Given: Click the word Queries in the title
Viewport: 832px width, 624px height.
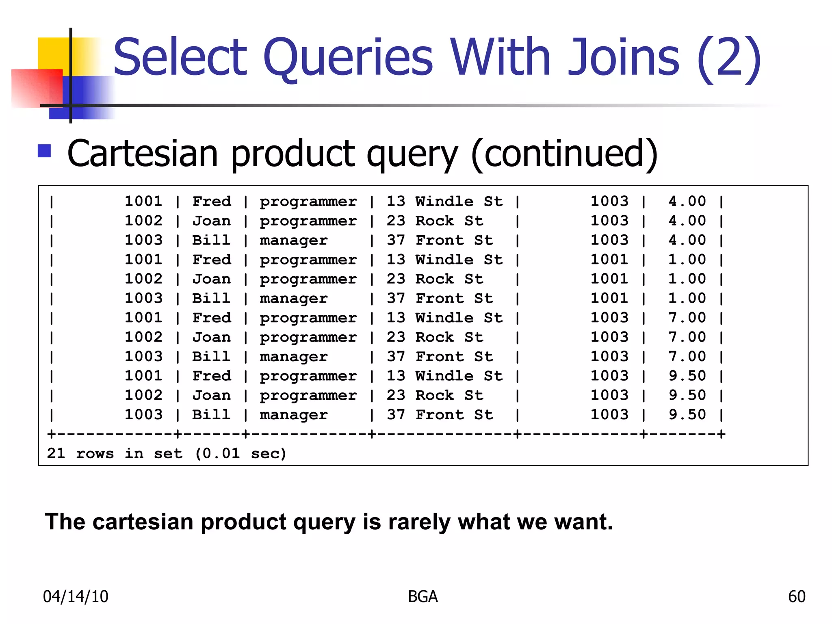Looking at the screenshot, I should (348, 58).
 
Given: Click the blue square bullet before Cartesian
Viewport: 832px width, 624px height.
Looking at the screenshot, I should (44, 151).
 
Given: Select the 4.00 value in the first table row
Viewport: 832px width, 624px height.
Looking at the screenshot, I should (687, 201).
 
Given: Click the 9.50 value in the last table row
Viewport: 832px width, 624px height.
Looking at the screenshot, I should (687, 414).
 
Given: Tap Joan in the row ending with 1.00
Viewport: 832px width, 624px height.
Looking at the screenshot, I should (211, 279).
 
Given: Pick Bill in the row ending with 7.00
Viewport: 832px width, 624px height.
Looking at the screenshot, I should (211, 356).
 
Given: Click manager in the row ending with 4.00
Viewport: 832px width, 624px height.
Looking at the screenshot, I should (293, 240).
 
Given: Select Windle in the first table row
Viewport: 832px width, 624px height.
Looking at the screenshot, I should (444, 201).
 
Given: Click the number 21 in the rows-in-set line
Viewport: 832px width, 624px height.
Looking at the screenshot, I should (56, 453).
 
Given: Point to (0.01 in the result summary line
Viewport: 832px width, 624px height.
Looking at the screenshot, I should (217, 453).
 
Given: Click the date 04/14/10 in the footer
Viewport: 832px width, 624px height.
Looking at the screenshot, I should (76, 596).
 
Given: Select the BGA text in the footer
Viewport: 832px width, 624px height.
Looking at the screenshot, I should (422, 596).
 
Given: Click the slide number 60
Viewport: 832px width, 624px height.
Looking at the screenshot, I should (796, 596).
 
